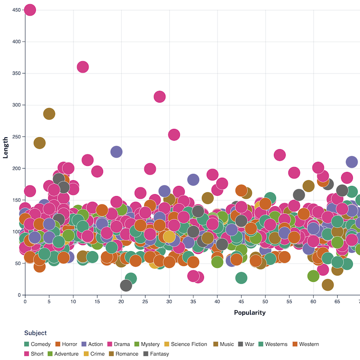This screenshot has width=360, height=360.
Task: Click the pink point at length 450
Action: [30, 10]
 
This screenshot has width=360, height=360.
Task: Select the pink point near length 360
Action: [83, 67]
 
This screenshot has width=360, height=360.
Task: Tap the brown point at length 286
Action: [49, 114]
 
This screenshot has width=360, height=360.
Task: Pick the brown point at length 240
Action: [40, 143]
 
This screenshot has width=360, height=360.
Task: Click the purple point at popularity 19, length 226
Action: [116, 152]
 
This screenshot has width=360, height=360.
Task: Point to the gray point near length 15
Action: [126, 285]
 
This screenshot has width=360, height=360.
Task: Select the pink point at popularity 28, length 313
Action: [159, 97]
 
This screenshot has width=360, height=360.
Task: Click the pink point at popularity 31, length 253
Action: [174, 134]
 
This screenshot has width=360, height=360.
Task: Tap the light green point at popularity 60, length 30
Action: [313, 276]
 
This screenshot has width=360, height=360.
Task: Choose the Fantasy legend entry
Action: [159, 354]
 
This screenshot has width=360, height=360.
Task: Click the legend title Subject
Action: [35, 333]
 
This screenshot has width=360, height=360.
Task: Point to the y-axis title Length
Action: [6, 148]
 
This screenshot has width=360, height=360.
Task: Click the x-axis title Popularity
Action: [250, 313]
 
